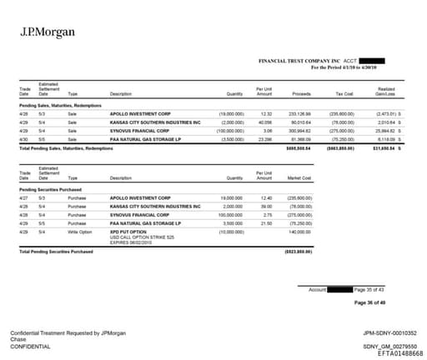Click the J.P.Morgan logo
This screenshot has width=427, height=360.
tap(47, 32)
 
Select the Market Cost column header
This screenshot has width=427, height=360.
tap(299, 177)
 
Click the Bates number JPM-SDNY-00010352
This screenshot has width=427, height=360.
tap(390, 332)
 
